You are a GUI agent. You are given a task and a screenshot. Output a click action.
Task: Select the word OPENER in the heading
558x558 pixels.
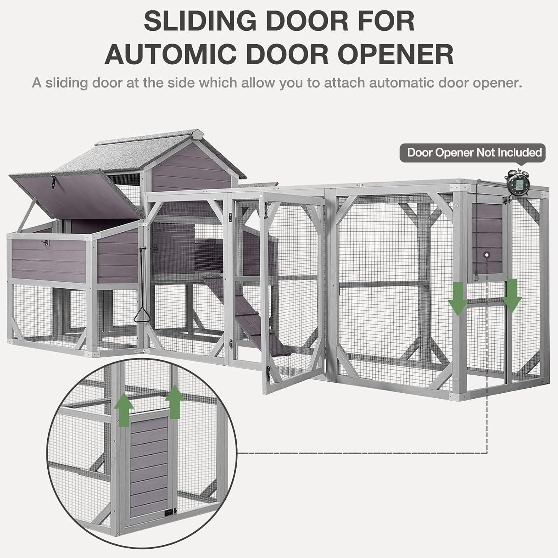395,54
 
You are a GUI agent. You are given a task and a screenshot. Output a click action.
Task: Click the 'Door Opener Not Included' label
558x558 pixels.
474,153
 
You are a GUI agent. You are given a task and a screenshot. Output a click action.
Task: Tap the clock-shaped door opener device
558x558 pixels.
517,183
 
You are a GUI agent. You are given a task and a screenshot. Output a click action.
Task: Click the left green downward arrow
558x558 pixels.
457,297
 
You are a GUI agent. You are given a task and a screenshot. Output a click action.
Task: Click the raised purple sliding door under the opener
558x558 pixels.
487,238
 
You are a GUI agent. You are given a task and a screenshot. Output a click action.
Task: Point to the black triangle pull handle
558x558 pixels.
141,316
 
